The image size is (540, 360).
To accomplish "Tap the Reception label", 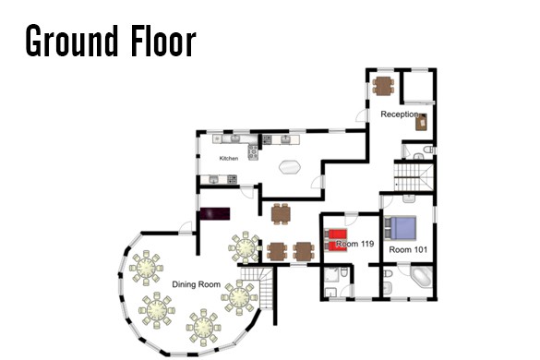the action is tap(400, 114).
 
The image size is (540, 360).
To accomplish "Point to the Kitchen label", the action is tap(229, 158).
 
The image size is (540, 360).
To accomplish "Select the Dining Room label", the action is tap(196, 284).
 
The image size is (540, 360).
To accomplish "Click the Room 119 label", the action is tap(355, 244).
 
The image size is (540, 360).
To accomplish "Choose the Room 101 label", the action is tap(408, 249).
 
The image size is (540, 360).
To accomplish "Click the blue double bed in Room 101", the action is tap(401, 228).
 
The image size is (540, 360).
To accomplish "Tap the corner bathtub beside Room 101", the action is tap(422, 277).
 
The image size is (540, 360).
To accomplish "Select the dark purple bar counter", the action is tap(215, 213).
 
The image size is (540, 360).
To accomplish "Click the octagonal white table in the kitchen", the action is tap(290, 167).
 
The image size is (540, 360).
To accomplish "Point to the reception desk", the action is tap(421, 122).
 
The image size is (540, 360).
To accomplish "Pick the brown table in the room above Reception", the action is tap(383, 86).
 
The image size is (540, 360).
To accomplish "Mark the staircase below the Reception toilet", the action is tap(414, 176).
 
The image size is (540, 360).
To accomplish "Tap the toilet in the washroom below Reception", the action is tap(428, 150).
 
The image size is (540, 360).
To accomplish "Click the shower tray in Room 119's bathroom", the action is tap(332, 277).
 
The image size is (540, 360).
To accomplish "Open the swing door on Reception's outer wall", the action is tap(362, 115).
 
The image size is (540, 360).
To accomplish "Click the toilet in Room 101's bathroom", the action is tap(388, 274).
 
